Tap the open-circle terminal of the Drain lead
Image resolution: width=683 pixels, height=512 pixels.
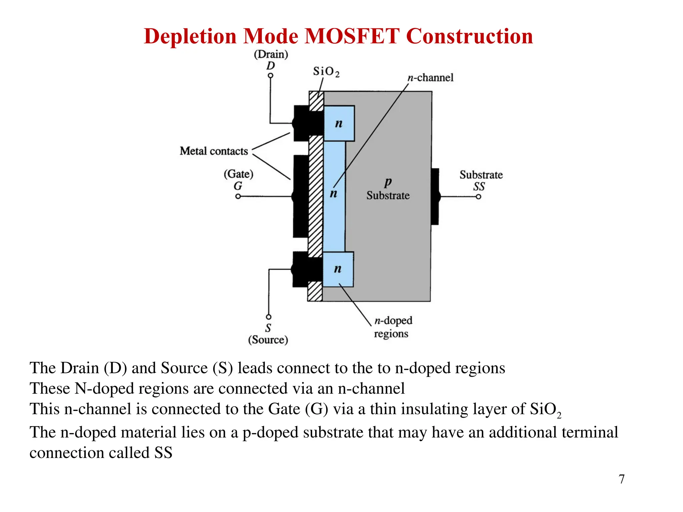click(x=270, y=76)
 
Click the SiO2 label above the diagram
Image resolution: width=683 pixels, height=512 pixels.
click(x=326, y=72)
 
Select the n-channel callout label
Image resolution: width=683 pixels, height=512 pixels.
click(x=430, y=78)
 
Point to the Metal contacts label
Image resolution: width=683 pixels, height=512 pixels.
click(x=214, y=151)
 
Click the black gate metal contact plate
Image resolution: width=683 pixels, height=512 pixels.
click(x=301, y=197)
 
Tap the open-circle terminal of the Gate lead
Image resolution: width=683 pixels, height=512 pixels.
click(x=238, y=196)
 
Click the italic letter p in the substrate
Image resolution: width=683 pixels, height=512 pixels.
click(x=388, y=182)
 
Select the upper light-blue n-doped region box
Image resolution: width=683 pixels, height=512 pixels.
click(x=339, y=123)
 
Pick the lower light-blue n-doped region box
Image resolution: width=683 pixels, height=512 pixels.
click(x=338, y=269)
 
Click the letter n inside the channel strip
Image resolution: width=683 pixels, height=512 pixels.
click(x=333, y=193)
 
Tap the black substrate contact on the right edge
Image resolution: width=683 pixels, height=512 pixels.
click(x=435, y=197)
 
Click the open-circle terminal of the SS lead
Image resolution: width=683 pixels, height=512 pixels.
click(x=478, y=197)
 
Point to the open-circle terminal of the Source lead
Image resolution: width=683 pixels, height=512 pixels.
click(x=268, y=317)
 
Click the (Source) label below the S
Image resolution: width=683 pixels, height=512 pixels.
click(x=268, y=340)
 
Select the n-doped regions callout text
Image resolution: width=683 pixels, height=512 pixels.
click(x=393, y=327)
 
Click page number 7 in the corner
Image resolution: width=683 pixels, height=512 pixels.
click(x=621, y=479)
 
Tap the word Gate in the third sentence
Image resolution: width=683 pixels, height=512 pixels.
click(x=284, y=409)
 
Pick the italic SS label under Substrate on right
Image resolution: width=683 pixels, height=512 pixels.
click(x=479, y=187)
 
